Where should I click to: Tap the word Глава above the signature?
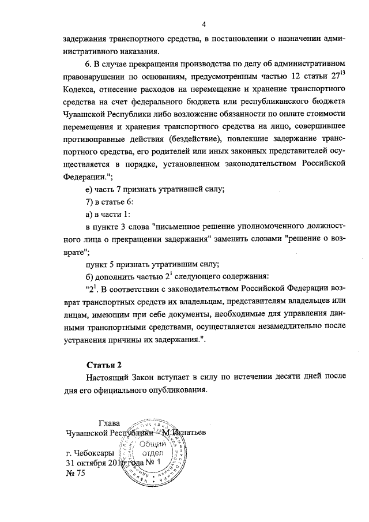(110, 422)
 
